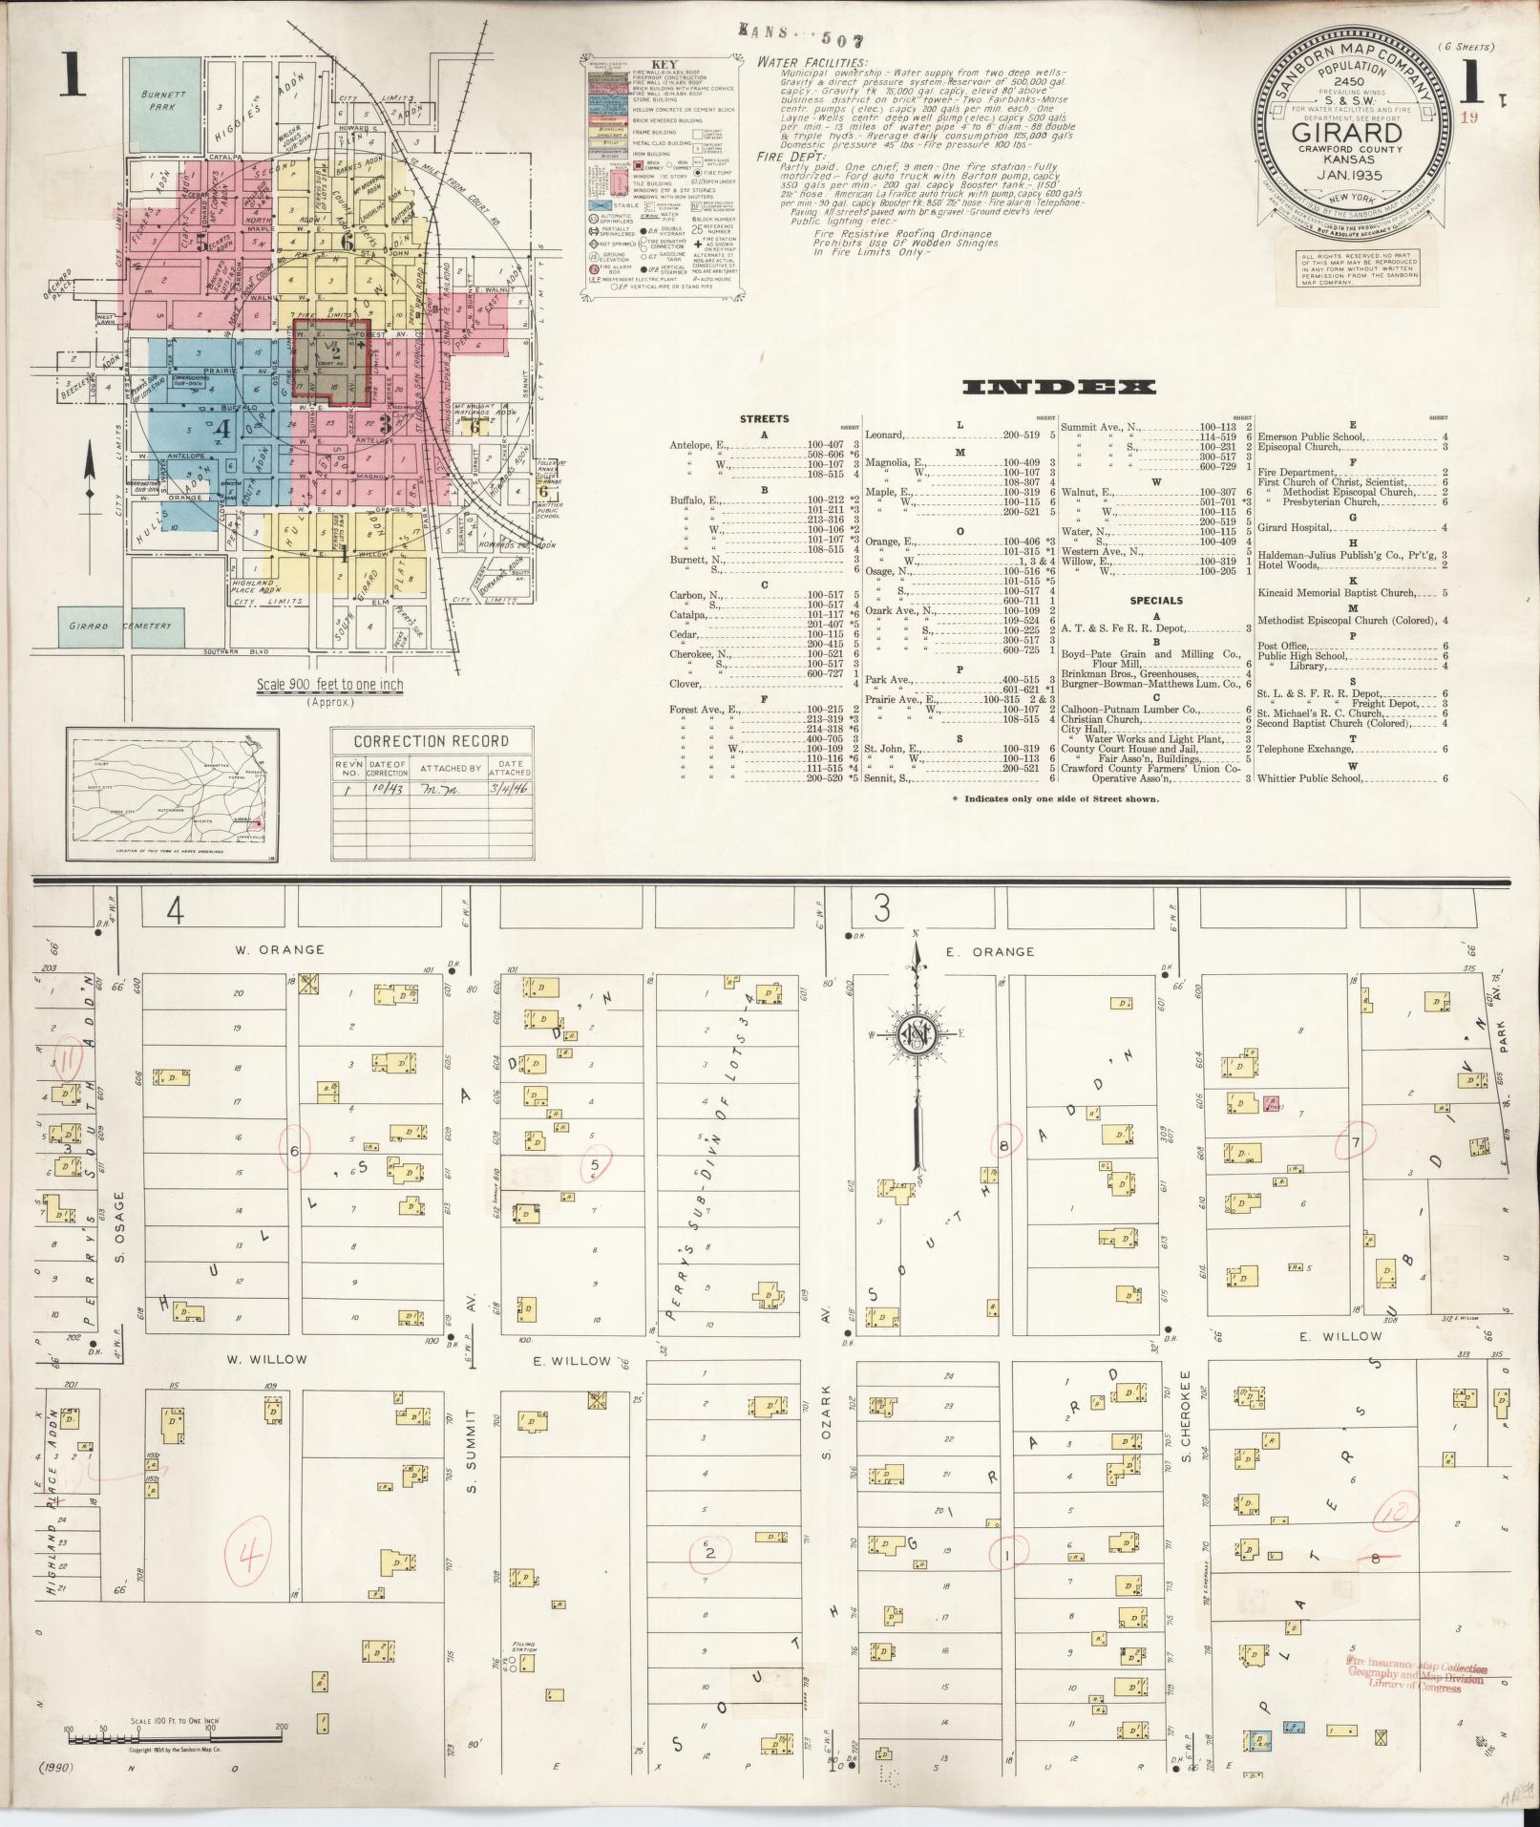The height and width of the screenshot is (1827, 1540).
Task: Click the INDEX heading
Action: tap(1059, 387)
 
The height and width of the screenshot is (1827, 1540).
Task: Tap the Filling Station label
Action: tap(523, 1647)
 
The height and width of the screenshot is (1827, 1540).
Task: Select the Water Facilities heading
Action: tap(812, 63)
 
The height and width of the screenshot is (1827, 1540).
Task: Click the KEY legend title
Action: tap(664, 66)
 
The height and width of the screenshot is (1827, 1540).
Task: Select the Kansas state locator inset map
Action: tap(172, 793)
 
